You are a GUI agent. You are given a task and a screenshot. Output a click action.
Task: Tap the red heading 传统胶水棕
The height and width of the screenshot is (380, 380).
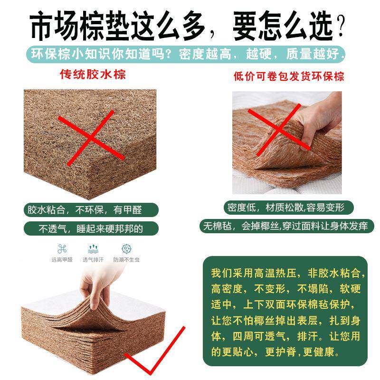coord(93,75)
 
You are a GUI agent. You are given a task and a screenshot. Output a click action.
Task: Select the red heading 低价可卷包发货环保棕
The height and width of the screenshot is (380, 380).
coord(289,76)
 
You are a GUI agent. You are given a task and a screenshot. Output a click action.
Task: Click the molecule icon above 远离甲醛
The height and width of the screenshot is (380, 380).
coord(62,249)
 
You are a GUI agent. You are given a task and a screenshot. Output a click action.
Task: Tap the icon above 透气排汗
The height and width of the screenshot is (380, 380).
coord(94,249)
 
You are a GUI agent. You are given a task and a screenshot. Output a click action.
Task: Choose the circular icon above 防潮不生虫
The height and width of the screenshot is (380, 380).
coord(126,249)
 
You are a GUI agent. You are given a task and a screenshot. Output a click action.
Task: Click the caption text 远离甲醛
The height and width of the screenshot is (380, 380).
coord(62,260)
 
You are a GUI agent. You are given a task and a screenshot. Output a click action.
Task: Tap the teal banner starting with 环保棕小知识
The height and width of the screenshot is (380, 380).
coord(185,53)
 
